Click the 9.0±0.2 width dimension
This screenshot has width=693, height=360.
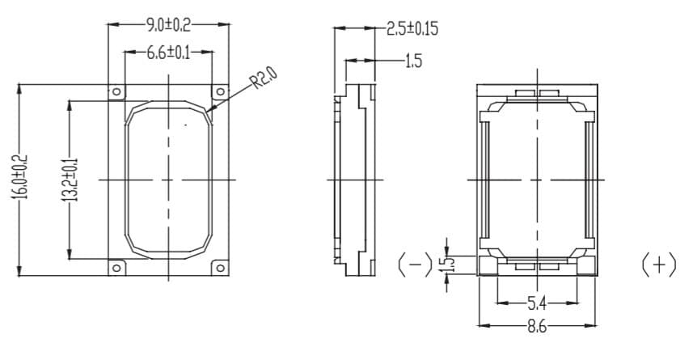pos(167,24)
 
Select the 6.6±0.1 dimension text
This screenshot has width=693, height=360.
pos(167,53)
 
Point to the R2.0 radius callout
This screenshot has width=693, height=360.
pos(264,78)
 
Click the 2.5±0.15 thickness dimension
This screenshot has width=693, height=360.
pos(412,29)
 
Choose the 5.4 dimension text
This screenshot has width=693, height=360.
pos(537,303)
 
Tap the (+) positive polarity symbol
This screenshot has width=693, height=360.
pos(658,265)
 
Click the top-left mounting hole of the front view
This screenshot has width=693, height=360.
pos(116,91)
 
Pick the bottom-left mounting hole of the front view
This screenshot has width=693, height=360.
pos(116,267)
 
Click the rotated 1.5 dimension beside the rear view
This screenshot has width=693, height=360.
pos(451,264)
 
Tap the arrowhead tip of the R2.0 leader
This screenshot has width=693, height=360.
pos(208,110)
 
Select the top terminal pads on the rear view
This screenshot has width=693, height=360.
pos(537,95)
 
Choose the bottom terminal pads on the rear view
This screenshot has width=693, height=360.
pos(537,264)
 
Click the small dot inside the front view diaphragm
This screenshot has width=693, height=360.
pos(186,125)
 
